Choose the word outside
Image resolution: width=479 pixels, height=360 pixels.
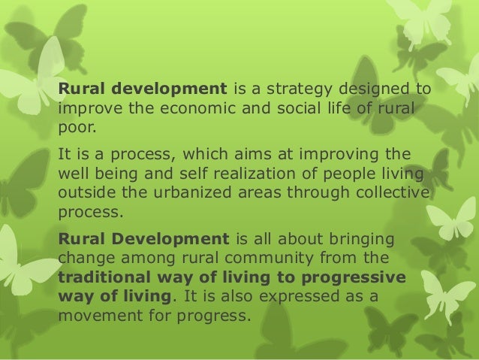(83, 192)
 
